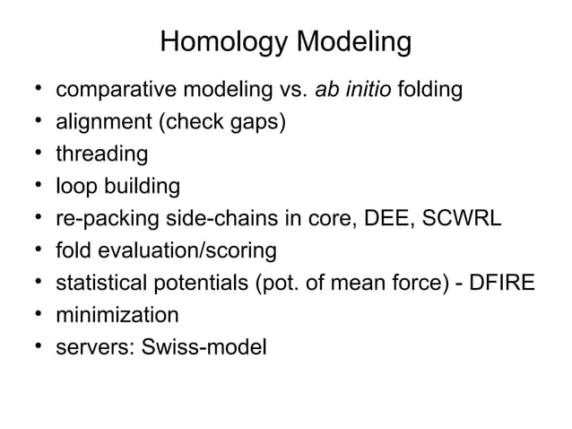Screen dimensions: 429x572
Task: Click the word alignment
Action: pyautogui.click(x=98, y=123)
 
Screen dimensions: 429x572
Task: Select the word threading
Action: pyautogui.click(x=101, y=154)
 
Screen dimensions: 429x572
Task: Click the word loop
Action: pyautogui.click(x=75, y=187)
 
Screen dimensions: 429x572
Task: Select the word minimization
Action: pyautogui.click(x=117, y=315)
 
